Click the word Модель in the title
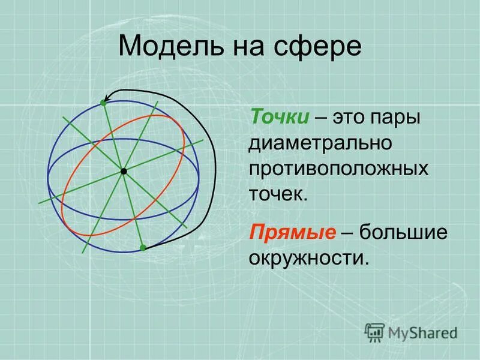click(164, 46)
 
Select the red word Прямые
click(292, 232)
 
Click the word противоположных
click(339, 169)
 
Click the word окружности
click(307, 258)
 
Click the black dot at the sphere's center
click(124, 172)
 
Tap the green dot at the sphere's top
click(103, 103)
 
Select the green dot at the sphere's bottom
click(143, 247)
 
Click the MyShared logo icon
click(374, 331)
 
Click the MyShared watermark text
click(422, 332)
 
